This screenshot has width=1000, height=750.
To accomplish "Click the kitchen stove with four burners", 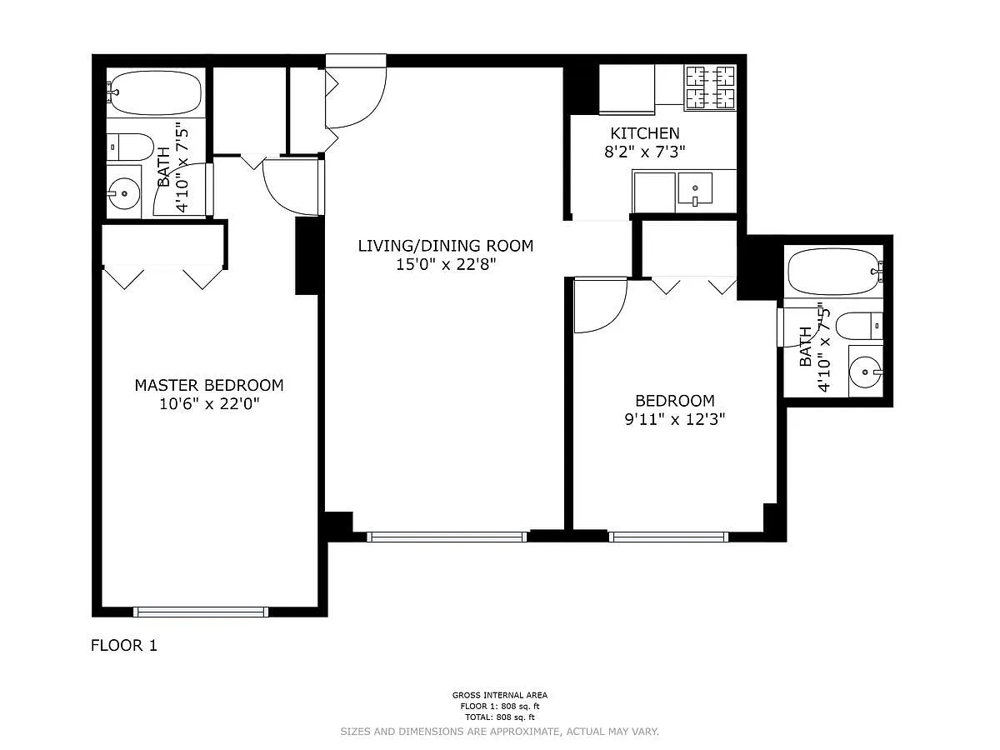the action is click(710, 87).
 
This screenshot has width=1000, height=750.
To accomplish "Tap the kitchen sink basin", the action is click(695, 187).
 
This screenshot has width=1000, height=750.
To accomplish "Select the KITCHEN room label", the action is click(645, 133).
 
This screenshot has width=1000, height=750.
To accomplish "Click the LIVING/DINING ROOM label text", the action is click(446, 246).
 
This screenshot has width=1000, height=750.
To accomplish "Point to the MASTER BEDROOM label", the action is click(209, 385).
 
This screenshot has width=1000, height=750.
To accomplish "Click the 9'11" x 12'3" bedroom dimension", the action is click(675, 419).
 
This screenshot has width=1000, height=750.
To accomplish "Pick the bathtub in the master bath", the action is click(155, 92).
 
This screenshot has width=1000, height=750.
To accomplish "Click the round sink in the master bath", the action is click(124, 193).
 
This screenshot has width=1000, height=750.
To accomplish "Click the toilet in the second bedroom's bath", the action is click(860, 326).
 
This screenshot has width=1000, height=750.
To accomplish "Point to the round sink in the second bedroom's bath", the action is click(866, 372).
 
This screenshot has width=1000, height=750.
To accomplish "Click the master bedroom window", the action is click(201, 612).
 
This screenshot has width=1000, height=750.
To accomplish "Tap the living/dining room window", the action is click(447, 537).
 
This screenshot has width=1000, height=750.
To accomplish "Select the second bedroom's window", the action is click(668, 537).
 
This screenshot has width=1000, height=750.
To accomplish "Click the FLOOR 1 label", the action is click(124, 645).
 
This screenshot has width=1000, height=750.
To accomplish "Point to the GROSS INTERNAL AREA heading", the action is click(500, 695).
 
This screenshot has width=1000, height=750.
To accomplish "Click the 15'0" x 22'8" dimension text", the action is click(446, 264).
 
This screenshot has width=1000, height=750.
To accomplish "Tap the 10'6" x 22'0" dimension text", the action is click(209, 404).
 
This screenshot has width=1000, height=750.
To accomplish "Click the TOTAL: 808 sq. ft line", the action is click(500, 717).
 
